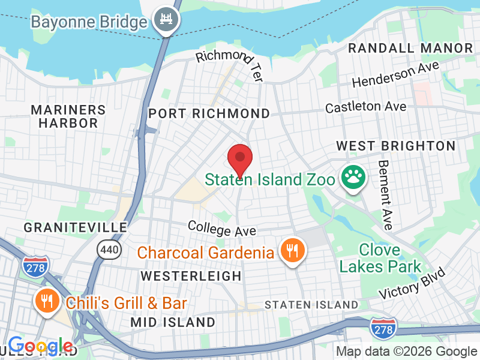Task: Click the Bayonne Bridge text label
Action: coord(89,22)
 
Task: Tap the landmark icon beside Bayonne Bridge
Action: coord(164,21)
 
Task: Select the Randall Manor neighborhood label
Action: coord(410,48)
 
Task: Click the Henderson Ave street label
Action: coord(395,74)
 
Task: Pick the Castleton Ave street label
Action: coord(365,107)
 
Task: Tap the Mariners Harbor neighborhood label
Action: coord(68,116)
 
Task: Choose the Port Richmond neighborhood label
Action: coord(209,113)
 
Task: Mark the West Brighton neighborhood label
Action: coord(395,146)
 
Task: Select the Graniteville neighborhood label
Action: coord(76,227)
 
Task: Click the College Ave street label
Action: coord(222,228)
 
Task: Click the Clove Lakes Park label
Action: coord(380,257)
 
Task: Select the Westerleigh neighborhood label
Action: coord(191,276)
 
